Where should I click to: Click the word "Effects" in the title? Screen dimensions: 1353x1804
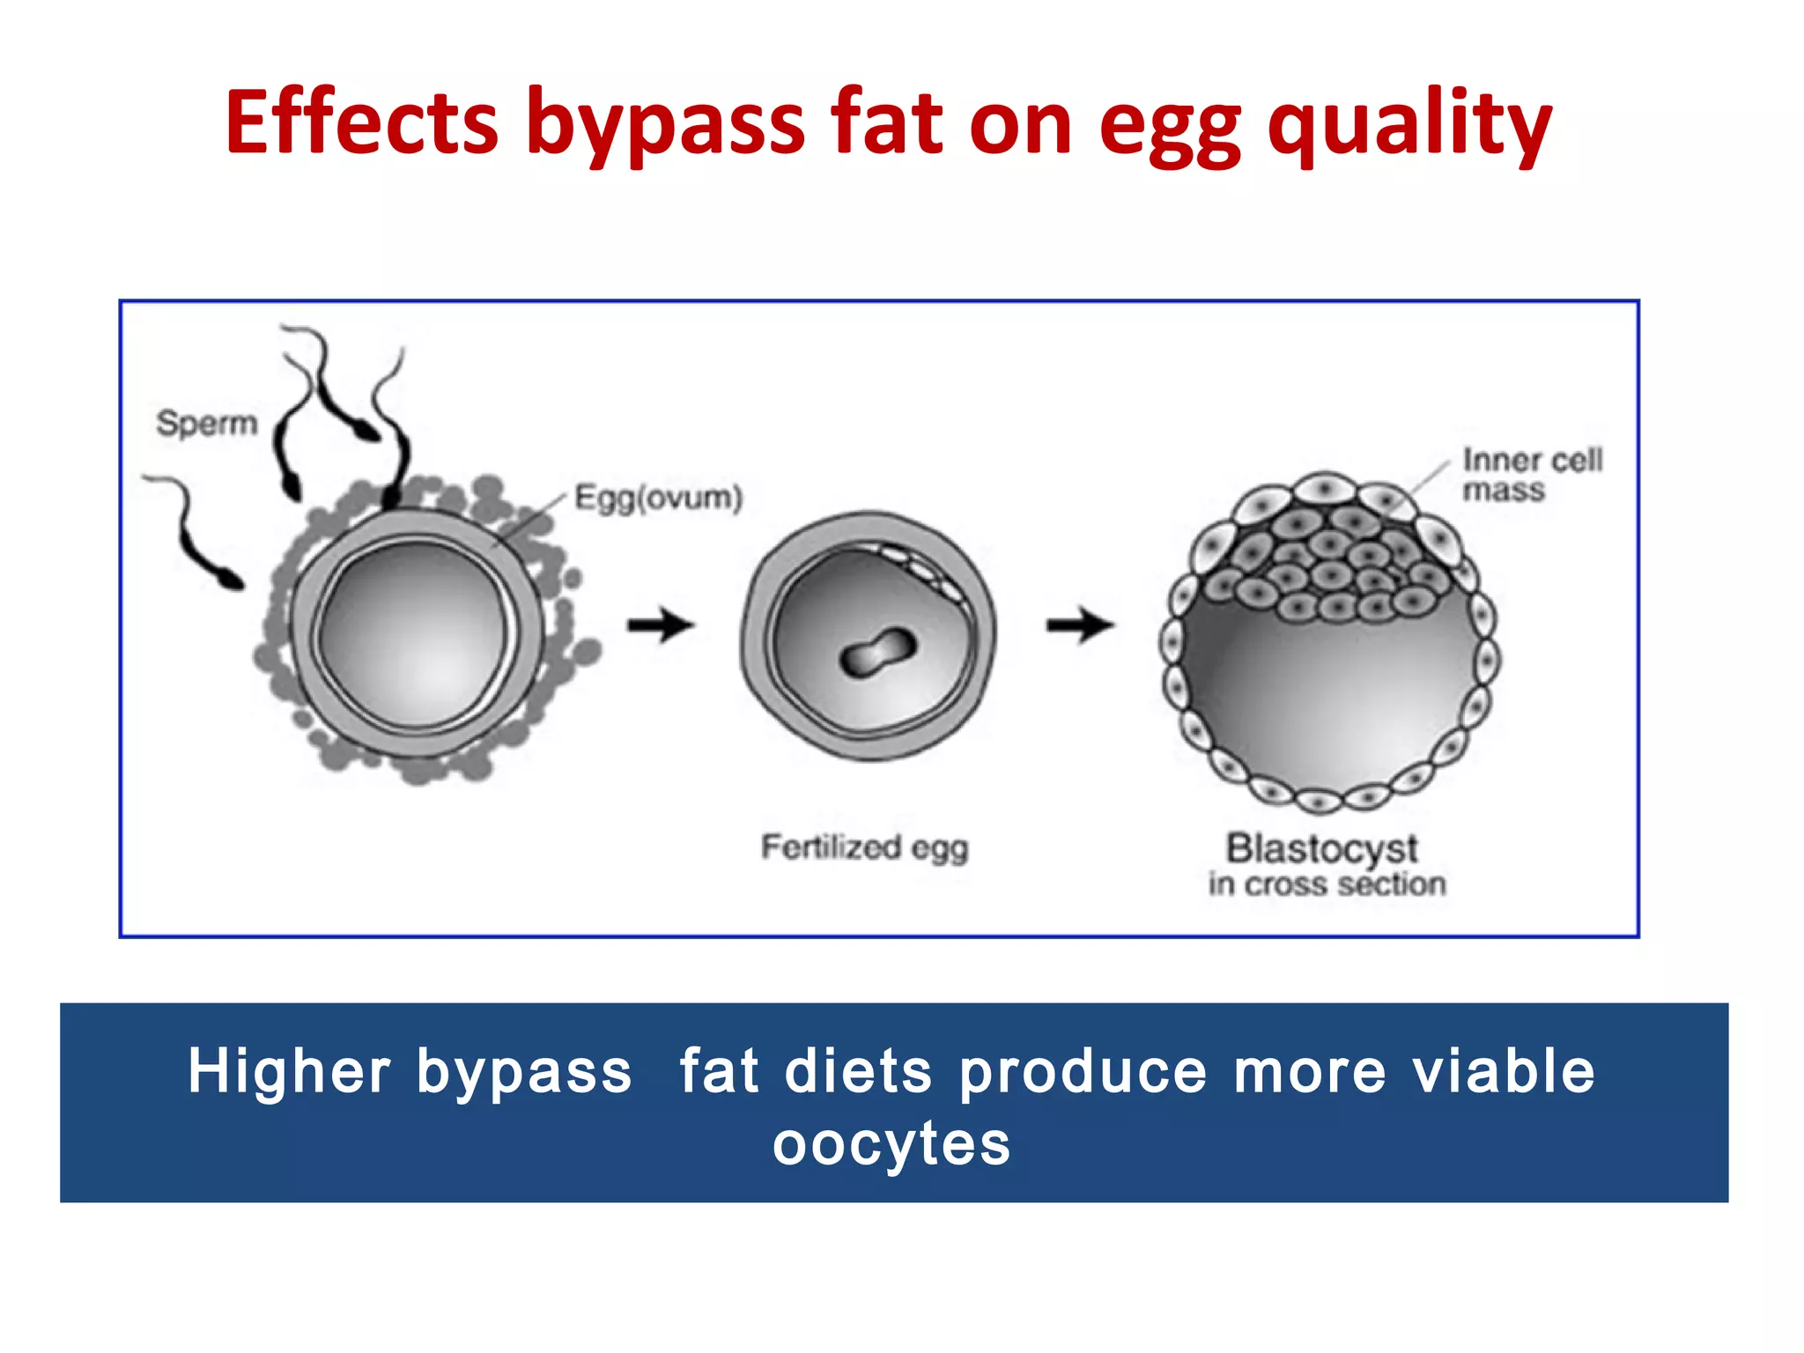point(361,123)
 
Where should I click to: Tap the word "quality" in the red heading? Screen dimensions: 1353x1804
point(1409,128)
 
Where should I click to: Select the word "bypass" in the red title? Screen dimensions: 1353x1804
point(665,128)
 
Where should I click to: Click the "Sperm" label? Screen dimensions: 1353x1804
point(207,424)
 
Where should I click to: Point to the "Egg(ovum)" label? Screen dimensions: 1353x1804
point(658,499)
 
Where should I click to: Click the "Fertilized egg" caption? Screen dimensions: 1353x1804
point(864,848)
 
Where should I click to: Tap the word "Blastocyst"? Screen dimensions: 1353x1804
point(1321,849)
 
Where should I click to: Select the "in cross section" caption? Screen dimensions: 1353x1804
point(1327,884)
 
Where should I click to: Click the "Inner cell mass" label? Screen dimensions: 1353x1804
point(1531,475)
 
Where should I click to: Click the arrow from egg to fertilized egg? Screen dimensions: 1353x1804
point(661,625)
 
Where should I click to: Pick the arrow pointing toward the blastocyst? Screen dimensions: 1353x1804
point(1080,625)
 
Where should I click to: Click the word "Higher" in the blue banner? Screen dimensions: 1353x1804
point(289,1072)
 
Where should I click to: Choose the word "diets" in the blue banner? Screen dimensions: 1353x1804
point(857,1072)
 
